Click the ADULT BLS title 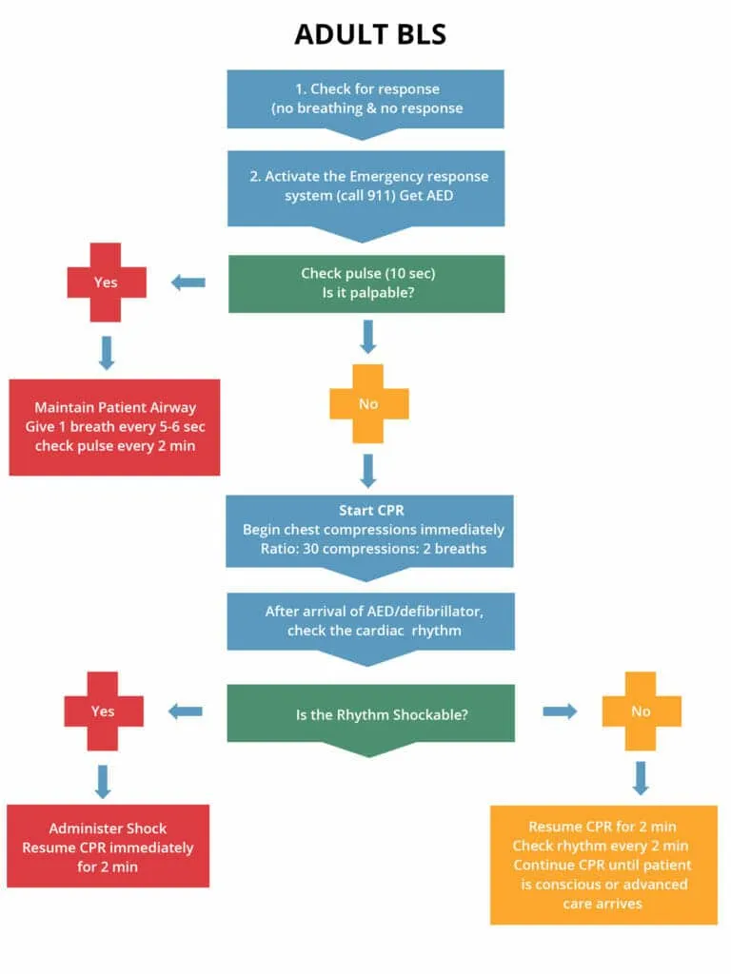pos(369,35)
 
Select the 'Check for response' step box pos(365,98)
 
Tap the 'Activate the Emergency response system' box pos(365,185)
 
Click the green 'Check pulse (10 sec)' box pos(366,282)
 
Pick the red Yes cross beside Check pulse pos(107,282)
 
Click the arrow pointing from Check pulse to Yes pos(188,282)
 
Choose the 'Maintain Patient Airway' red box pos(114,427)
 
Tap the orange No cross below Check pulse pos(368,403)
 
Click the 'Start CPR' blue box pos(369,530)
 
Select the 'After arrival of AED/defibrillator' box pos(370,620)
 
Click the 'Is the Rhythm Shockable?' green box pos(370,712)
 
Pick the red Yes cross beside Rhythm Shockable pos(104,711)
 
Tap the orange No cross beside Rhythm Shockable pos(642,711)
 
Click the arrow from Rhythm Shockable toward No pos(560,711)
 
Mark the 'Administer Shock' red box pos(108,847)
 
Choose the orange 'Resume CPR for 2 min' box pos(603,865)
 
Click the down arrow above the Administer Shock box pos(104,781)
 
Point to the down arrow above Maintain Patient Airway pos(107,352)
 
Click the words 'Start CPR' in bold pos(371,511)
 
